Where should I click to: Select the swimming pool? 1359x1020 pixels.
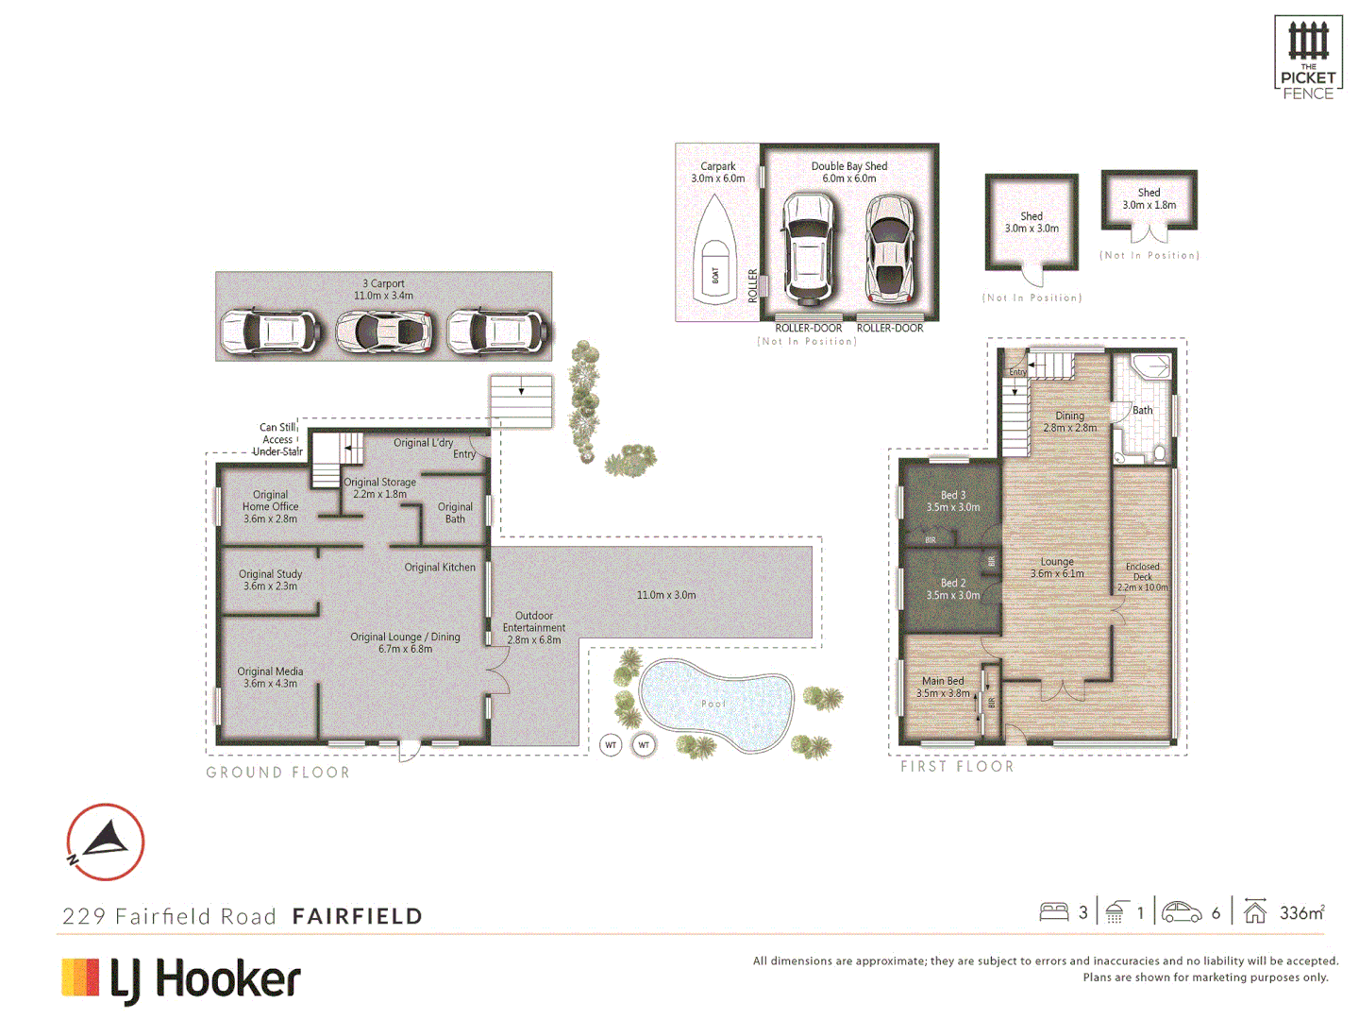(x=714, y=704)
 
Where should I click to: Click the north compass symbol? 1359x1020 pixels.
(x=105, y=841)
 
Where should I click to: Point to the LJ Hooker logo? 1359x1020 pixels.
(x=181, y=979)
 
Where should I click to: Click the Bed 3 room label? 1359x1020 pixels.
(x=953, y=501)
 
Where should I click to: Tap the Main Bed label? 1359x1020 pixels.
(x=943, y=687)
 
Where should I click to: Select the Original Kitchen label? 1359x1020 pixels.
(x=440, y=568)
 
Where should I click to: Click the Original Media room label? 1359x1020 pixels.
(x=270, y=677)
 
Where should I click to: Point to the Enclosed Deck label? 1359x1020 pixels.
(x=1142, y=577)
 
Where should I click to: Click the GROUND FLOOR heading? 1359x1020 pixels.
(x=277, y=773)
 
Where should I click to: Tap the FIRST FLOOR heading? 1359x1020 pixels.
(x=957, y=767)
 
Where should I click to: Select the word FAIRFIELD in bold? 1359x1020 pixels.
(x=357, y=916)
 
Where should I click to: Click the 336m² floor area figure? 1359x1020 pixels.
(x=1301, y=912)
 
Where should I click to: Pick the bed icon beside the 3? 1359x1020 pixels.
(x=1054, y=912)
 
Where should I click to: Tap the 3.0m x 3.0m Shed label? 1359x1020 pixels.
(x=1032, y=223)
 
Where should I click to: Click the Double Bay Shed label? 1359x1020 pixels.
(x=848, y=172)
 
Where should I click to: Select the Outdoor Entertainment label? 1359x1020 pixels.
(x=534, y=628)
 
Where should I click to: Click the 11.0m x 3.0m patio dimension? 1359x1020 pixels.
(x=666, y=595)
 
